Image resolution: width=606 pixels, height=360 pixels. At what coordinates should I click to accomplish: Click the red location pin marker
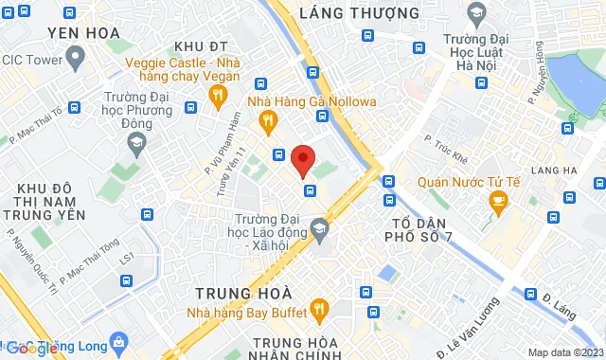302,159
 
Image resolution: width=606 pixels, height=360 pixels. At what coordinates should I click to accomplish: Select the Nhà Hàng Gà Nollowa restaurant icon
268,119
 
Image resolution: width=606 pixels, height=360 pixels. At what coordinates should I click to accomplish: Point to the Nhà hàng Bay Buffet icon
319,308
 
